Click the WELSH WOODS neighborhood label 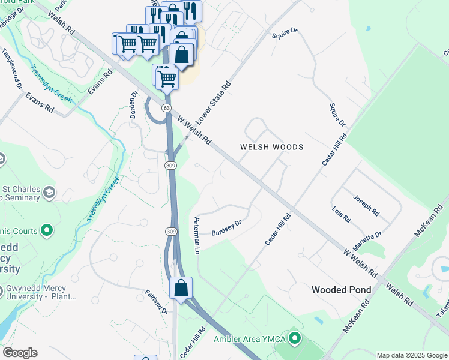(271, 147)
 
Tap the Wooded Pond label (341, 290)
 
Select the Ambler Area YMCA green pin (294, 339)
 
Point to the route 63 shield (166, 107)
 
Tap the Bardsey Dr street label (227, 226)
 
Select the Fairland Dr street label (157, 302)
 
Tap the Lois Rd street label (341, 214)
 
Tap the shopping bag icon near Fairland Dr (181, 287)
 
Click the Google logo (20, 353)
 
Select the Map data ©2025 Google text (411, 355)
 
